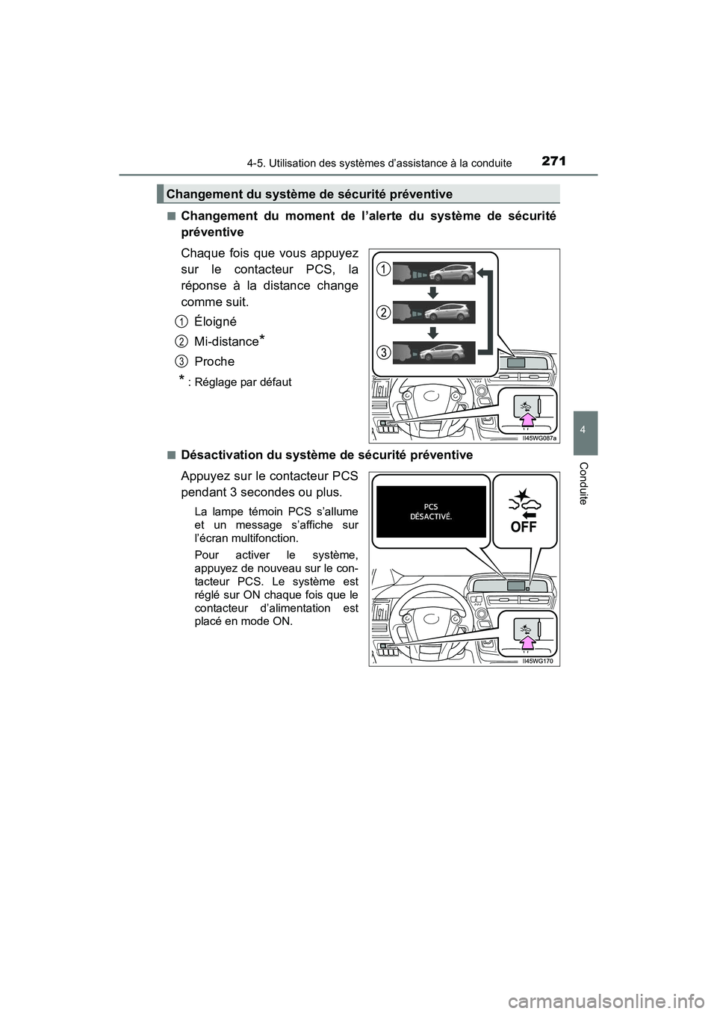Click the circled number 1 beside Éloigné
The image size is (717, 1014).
click(181, 321)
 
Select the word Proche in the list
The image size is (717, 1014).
click(214, 361)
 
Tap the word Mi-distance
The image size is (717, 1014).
click(226, 341)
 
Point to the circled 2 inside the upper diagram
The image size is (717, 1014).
click(382, 311)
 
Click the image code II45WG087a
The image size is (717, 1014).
click(538, 439)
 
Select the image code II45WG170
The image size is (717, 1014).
click(540, 661)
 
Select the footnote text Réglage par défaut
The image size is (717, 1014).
click(243, 382)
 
